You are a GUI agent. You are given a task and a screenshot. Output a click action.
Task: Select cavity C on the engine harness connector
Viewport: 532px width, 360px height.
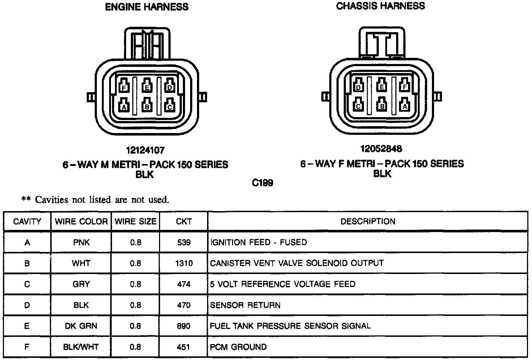[170, 107]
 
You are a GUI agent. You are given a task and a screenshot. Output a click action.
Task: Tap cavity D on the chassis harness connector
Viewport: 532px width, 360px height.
[359, 87]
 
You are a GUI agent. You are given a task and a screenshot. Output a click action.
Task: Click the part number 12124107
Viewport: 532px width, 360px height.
[145, 150]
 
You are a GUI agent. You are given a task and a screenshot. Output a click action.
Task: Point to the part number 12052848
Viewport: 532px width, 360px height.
[381, 149]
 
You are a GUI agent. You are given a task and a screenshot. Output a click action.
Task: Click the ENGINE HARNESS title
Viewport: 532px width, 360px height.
[146, 7]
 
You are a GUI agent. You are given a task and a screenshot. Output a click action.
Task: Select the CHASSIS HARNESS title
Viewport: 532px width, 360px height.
[381, 6]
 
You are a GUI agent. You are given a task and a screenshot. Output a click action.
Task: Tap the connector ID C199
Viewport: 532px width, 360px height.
[263, 183]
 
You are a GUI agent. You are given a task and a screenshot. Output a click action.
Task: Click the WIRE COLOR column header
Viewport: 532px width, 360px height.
[81, 222]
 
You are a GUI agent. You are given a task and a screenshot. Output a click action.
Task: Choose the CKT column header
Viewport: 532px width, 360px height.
[184, 222]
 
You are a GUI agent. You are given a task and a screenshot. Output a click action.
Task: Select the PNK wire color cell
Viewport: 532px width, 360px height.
[81, 242]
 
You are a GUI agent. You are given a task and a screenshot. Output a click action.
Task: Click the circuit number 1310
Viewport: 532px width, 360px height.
[184, 263]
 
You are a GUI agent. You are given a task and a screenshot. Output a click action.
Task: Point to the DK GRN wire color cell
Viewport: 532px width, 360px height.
[81, 326]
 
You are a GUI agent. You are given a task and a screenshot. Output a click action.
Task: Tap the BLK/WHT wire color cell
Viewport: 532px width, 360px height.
[81, 347]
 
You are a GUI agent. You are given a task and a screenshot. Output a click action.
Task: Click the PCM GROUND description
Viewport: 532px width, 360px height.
[238, 347]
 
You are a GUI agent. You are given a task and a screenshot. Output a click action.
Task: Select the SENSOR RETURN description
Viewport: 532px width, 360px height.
[245, 305]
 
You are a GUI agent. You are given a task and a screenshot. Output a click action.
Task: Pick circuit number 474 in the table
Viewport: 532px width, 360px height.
[184, 284]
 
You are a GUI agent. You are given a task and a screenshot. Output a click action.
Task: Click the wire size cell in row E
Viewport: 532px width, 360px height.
[136, 326]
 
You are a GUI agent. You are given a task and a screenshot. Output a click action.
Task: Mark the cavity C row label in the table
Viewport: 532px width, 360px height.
[27, 284]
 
